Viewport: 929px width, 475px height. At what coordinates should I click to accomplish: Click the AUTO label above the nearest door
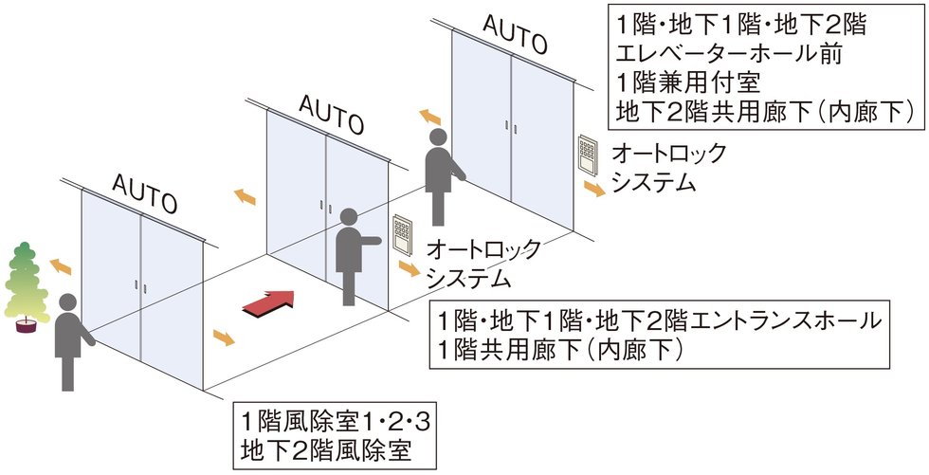(x=144, y=192)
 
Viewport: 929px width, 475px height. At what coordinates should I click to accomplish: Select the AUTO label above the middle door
(x=331, y=114)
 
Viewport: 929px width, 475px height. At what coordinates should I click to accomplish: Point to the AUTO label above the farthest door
(x=514, y=33)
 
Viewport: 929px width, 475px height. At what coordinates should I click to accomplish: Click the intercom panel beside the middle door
(x=402, y=235)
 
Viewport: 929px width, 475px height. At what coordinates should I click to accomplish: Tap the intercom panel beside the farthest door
(x=588, y=155)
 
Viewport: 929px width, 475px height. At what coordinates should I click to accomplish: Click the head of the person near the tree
(x=67, y=302)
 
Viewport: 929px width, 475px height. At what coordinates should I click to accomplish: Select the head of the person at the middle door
(x=349, y=217)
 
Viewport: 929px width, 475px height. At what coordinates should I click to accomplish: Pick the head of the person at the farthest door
(x=438, y=137)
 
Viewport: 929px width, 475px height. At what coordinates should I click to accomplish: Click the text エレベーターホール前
(x=729, y=54)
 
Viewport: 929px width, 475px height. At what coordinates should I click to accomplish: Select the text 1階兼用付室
(x=688, y=82)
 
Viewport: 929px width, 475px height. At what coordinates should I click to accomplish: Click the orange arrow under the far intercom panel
(x=594, y=189)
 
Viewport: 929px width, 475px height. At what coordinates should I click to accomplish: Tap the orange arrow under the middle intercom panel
(x=410, y=269)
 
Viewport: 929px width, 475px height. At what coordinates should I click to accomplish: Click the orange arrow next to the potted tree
(x=61, y=267)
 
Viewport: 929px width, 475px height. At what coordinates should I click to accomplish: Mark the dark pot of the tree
(x=26, y=325)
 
